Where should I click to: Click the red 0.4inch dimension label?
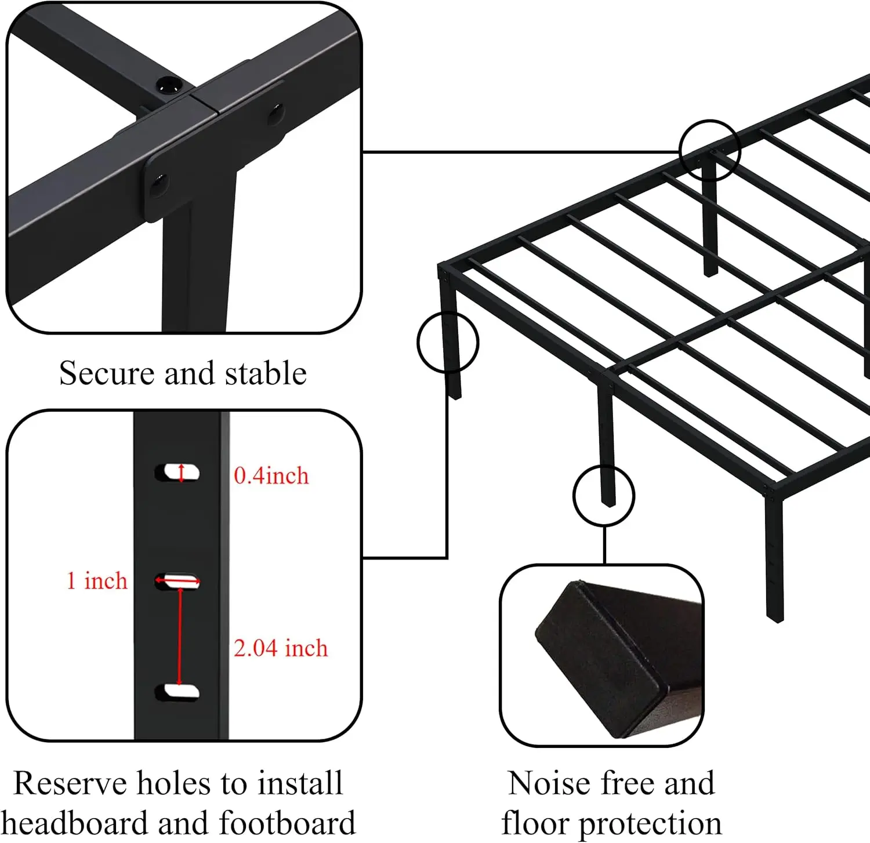click(x=271, y=476)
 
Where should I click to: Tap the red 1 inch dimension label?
click(x=97, y=581)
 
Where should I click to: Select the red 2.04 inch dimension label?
click(x=281, y=648)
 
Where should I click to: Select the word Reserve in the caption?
click(x=70, y=783)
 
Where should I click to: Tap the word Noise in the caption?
click(x=549, y=783)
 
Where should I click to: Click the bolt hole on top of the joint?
click(x=168, y=86)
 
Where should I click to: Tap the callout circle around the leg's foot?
click(x=604, y=496)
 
